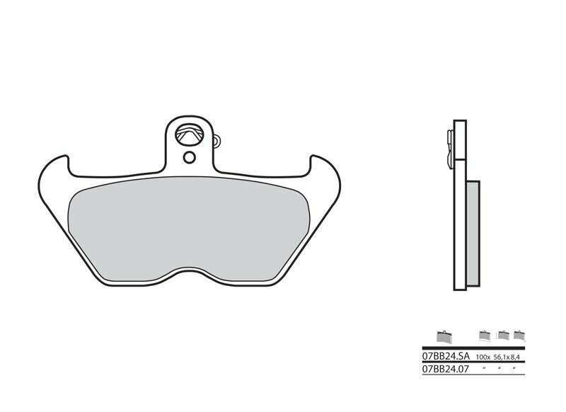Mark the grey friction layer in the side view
(473, 234)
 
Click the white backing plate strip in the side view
(460, 212)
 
